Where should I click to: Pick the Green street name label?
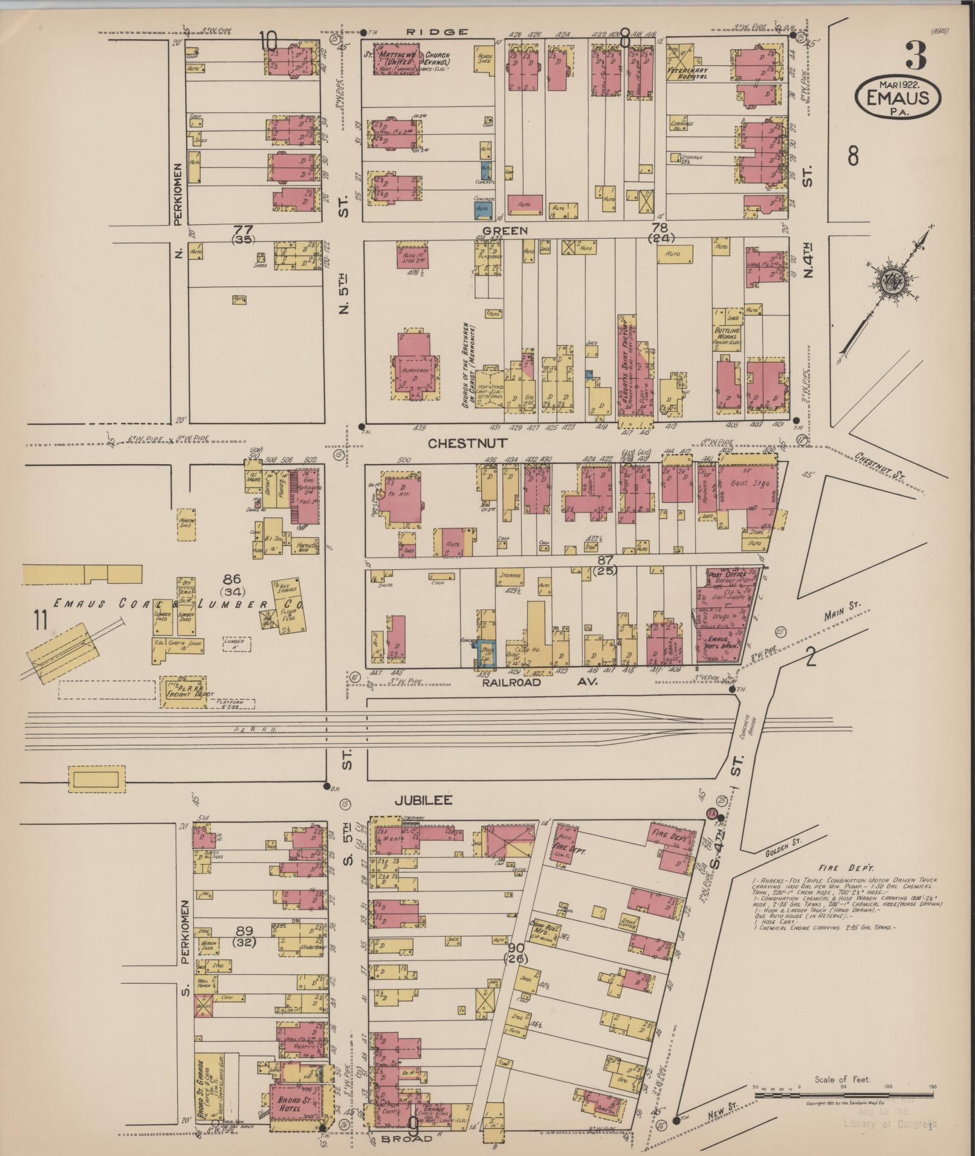pyautogui.click(x=508, y=230)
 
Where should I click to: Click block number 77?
pyautogui.click(x=242, y=230)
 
